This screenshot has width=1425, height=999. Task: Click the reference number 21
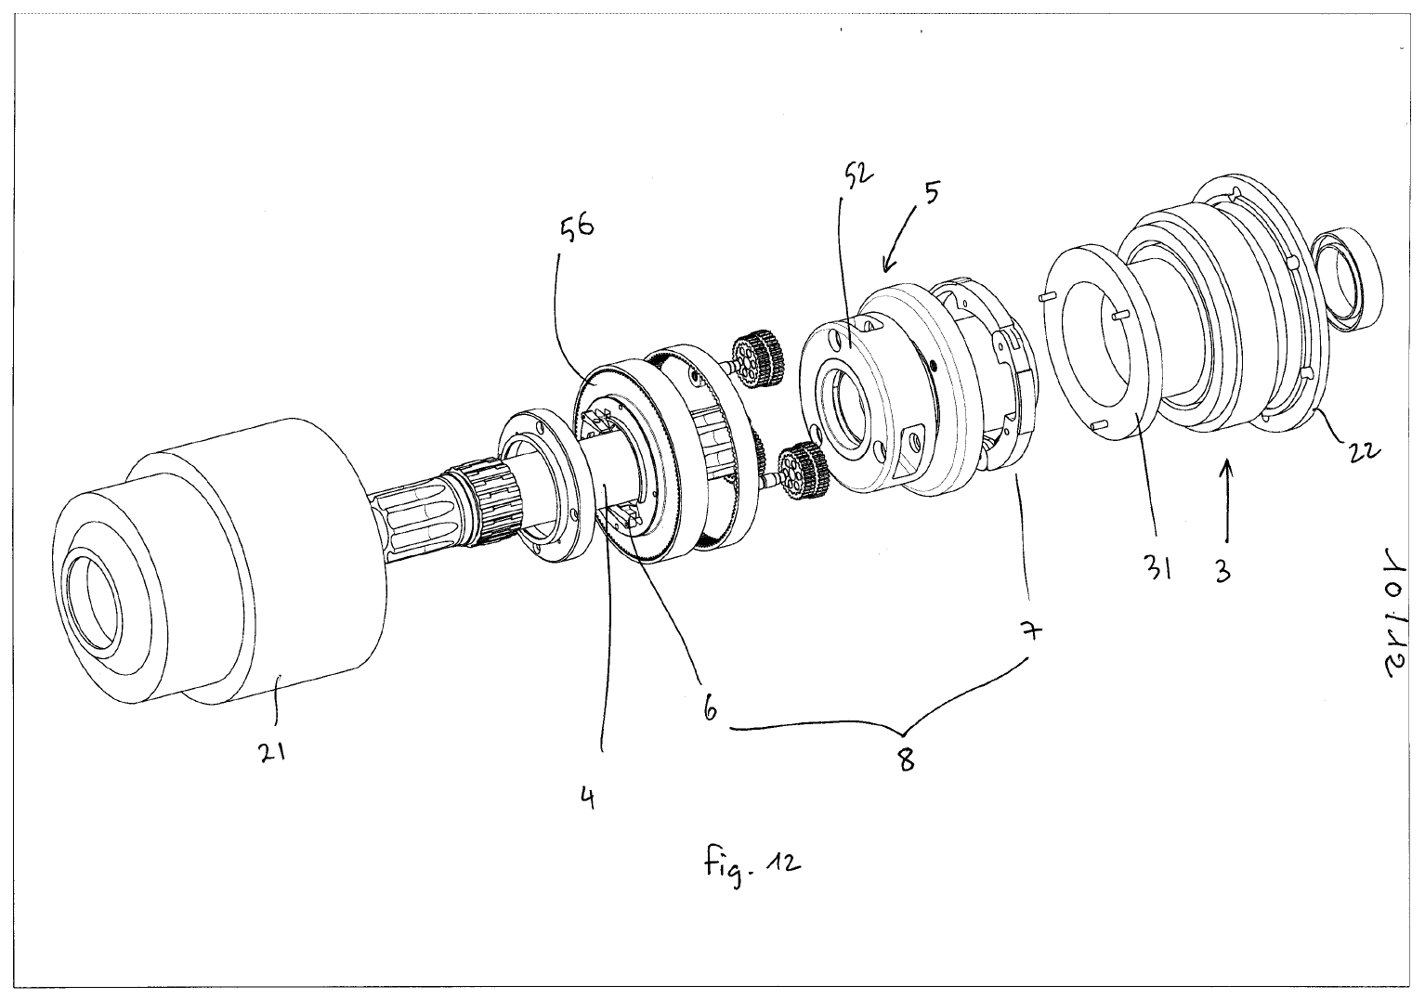pyautogui.click(x=271, y=753)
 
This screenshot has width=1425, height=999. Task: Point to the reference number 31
pyautogui.click(x=1157, y=566)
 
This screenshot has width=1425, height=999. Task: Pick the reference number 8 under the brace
pyautogui.click(x=905, y=760)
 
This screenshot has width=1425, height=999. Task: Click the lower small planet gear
pyautogui.click(x=800, y=469)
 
